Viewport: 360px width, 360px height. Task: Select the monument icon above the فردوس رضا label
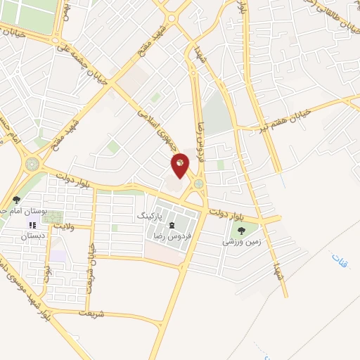point(172,224)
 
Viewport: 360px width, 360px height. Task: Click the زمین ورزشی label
point(241,241)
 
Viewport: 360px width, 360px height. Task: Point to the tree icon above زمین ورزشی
point(242,230)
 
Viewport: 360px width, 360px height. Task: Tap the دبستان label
point(33,237)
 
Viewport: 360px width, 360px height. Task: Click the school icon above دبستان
point(32,226)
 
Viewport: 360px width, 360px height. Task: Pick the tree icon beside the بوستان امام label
point(16,200)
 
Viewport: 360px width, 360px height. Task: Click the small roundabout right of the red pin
point(199,184)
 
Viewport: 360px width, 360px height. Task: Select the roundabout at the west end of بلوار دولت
point(32,164)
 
